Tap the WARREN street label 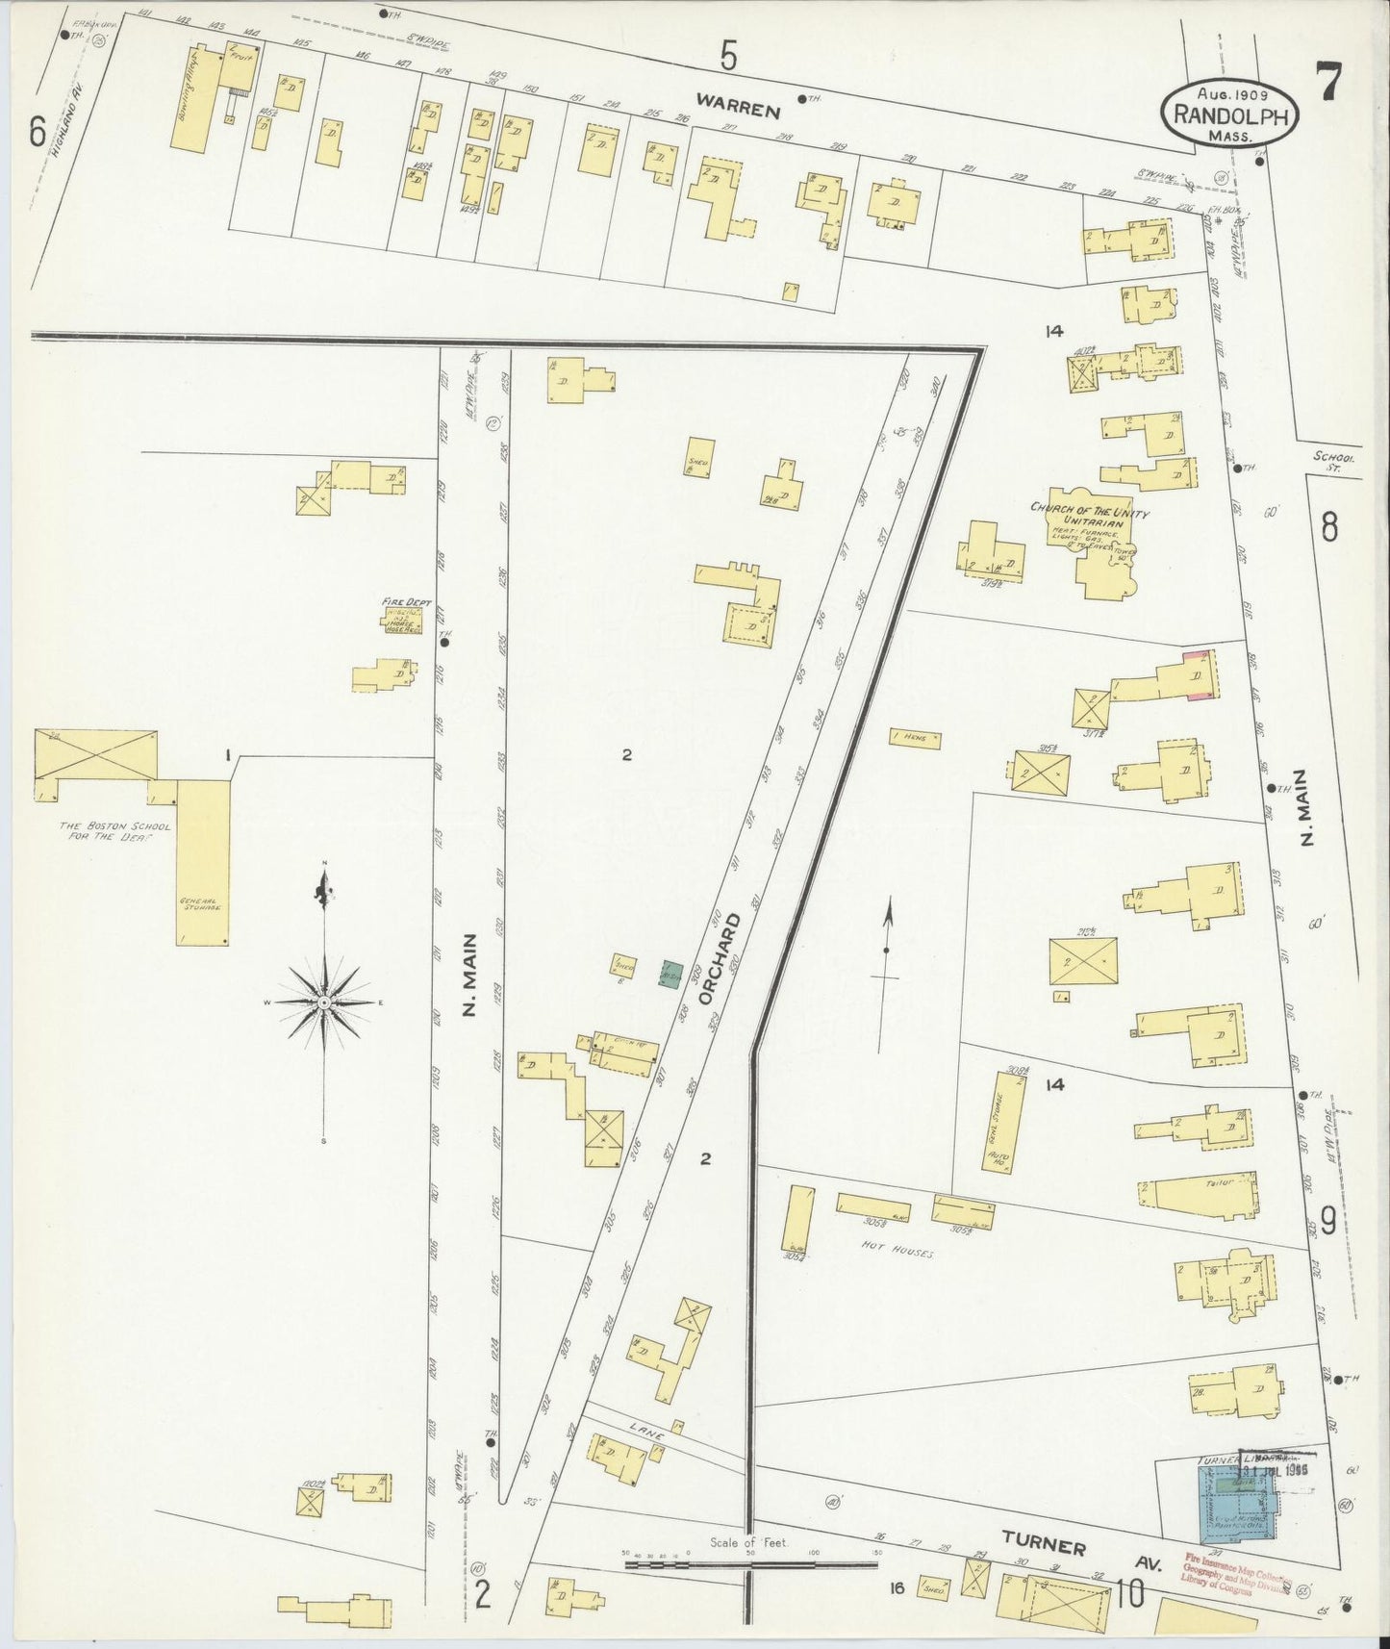tap(738, 110)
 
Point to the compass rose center tap(325, 1002)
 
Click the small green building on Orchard tap(671, 974)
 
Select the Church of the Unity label tap(1089, 510)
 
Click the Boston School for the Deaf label tap(104, 831)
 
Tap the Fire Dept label tap(405, 602)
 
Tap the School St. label tap(1338, 463)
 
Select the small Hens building tap(915, 740)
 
